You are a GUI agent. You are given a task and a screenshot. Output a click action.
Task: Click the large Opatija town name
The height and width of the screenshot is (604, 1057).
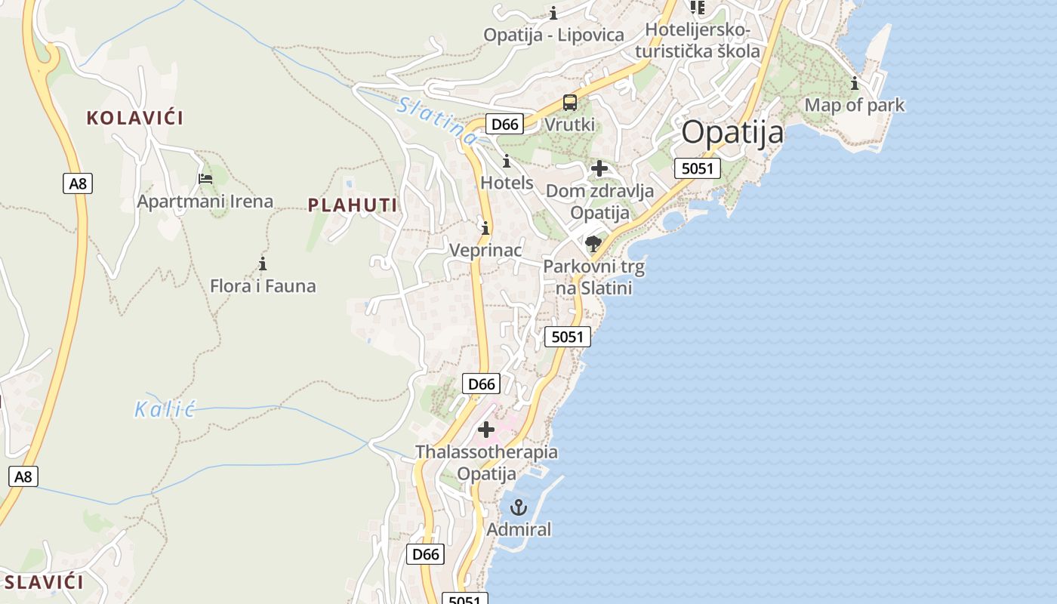[732, 133]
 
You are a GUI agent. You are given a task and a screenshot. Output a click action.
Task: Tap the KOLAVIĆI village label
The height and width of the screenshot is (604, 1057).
[134, 118]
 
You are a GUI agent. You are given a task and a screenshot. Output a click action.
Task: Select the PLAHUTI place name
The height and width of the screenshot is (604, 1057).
[353, 205]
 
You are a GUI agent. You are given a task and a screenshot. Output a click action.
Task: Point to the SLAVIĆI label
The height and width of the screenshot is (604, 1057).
[44, 582]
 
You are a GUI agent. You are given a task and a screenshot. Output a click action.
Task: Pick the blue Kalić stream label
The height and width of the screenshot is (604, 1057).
[165, 410]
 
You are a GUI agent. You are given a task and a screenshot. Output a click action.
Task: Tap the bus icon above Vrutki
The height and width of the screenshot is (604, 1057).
[570, 103]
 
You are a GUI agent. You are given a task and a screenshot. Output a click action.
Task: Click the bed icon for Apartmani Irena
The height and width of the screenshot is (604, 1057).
[205, 179]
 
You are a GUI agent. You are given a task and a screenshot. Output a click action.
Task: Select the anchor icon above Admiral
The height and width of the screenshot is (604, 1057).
[518, 507]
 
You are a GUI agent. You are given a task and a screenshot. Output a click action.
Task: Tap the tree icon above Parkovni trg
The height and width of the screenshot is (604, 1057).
[593, 244]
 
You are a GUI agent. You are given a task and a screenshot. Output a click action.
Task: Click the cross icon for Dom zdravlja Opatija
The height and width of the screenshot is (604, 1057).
[599, 168]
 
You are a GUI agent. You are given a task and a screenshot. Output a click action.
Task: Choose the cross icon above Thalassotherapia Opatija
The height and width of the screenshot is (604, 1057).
[486, 430]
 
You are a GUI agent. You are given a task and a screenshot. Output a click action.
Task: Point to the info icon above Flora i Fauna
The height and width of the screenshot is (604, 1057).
[263, 263]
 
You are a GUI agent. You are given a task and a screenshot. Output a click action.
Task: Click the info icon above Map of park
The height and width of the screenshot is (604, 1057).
[855, 83]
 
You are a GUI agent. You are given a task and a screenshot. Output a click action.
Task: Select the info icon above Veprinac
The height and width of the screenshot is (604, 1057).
[485, 227]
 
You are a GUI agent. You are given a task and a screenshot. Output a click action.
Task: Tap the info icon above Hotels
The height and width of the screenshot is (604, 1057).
[507, 161]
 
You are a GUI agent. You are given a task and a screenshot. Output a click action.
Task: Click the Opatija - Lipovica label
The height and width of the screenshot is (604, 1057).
[554, 35]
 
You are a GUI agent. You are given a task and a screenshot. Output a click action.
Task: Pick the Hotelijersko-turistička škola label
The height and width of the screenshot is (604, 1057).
[698, 41]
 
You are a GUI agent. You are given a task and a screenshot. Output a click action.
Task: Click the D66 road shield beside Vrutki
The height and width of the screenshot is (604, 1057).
[504, 125]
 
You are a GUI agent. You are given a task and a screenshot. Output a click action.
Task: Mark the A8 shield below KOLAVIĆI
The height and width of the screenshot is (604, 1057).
[77, 183]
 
